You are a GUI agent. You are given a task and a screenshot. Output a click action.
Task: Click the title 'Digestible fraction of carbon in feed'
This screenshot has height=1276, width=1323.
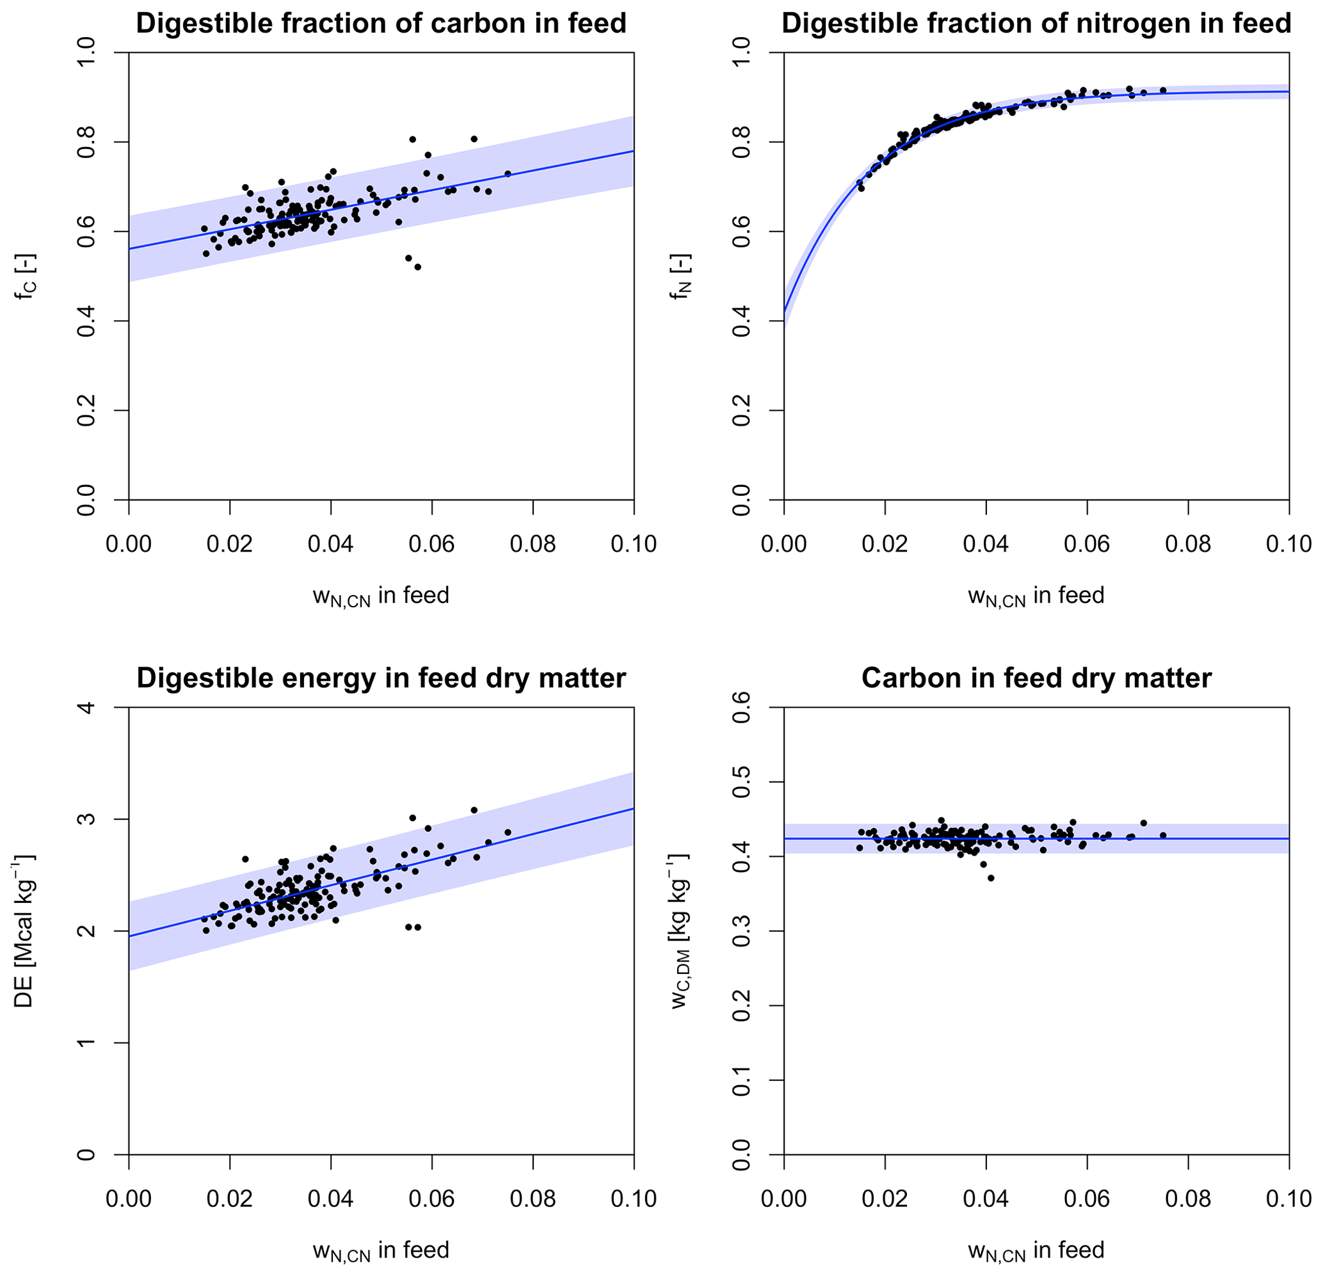click(381, 24)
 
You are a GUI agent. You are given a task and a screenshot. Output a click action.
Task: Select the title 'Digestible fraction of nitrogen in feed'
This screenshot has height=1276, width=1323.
click(1036, 24)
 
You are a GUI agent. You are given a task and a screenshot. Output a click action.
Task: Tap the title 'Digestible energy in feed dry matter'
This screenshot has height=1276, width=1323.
click(381, 678)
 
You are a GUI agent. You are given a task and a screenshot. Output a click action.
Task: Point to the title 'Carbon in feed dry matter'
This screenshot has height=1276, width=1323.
click(1036, 678)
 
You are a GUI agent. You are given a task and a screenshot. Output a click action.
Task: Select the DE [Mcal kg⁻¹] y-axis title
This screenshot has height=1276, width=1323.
click(25, 931)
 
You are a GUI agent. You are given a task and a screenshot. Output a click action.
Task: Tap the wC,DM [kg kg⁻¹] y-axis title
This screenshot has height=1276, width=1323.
click(680, 931)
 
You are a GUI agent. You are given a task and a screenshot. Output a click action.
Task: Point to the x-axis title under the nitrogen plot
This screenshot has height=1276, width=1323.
click(1036, 596)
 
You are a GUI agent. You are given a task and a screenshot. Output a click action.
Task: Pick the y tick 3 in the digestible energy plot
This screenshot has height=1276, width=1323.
click(86, 819)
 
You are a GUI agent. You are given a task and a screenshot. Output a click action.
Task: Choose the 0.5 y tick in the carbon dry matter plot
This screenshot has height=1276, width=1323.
click(741, 782)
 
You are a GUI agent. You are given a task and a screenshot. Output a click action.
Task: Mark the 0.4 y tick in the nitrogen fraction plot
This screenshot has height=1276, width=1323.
click(741, 321)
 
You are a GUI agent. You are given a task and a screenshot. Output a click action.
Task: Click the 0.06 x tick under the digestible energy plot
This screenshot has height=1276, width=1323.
click(431, 1199)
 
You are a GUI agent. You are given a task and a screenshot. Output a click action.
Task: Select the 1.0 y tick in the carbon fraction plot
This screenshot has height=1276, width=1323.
click(86, 52)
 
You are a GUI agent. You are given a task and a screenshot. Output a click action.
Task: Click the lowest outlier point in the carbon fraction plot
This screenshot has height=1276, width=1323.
click(418, 267)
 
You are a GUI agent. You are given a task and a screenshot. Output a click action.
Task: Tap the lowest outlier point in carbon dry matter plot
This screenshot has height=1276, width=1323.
click(991, 878)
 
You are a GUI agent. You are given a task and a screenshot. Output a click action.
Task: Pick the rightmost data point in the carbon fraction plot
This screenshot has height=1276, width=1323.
click(508, 173)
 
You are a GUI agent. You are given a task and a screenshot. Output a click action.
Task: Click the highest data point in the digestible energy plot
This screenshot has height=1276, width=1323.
click(474, 809)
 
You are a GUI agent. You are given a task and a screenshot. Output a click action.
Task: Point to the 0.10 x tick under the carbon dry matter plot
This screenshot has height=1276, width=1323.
click(1288, 1199)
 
